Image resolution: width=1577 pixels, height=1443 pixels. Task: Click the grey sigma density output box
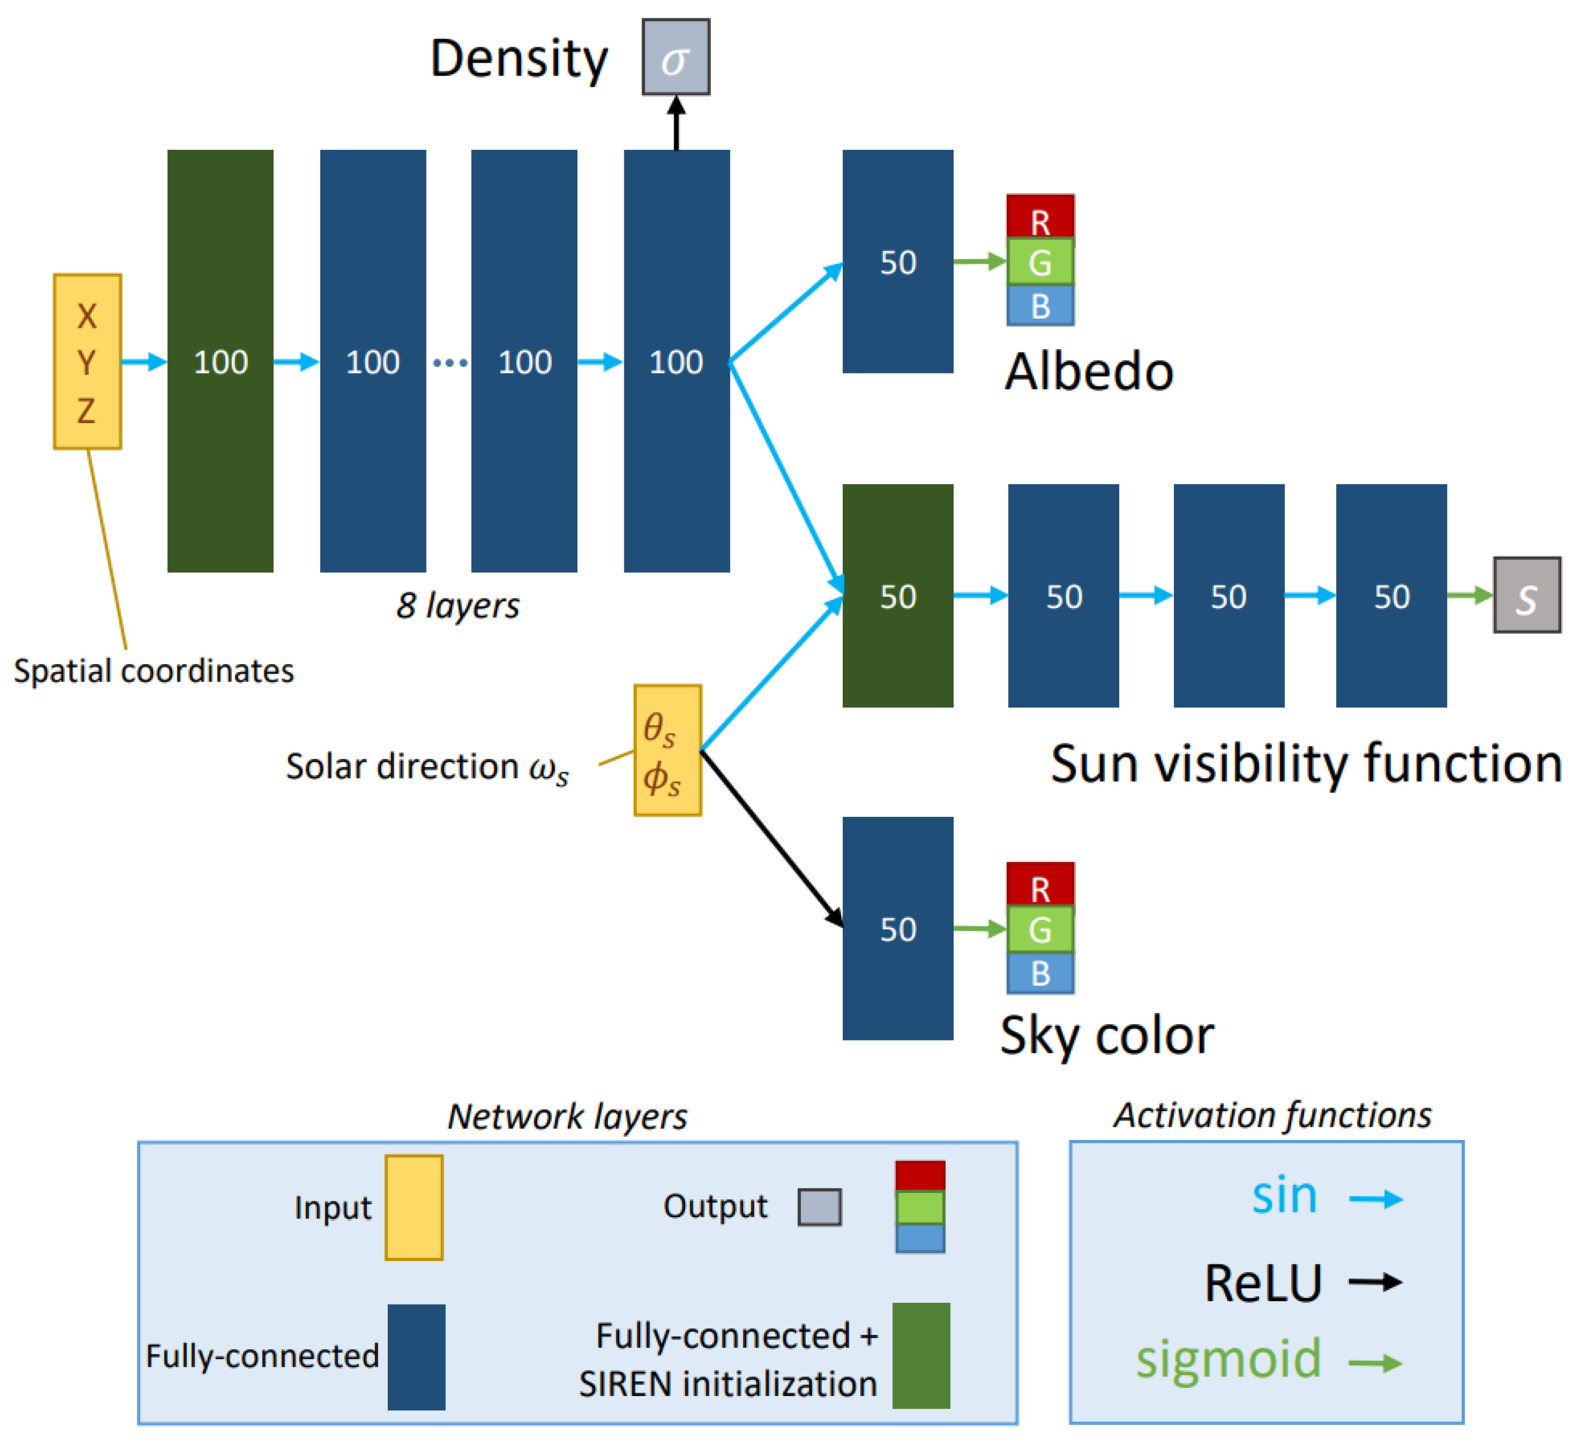coord(676,57)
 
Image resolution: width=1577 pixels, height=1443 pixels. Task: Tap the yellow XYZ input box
coord(87,361)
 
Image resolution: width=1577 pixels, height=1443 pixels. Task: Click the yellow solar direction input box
coord(667,751)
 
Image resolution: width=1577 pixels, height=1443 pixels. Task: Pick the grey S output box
coord(1526,595)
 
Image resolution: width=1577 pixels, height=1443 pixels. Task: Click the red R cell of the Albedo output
coord(1039,217)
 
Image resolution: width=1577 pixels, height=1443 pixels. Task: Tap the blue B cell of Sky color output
coord(1039,973)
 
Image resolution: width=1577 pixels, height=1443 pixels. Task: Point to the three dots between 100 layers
coord(450,362)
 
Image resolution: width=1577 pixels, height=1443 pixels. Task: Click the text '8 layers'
coord(458,605)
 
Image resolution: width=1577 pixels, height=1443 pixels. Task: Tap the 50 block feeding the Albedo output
coord(897,261)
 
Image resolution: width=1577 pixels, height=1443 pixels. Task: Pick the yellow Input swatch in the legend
coord(414,1207)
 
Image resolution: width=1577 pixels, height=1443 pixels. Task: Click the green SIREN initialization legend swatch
coord(921,1355)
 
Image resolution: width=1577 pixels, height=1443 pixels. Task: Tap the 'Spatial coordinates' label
coord(153,671)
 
